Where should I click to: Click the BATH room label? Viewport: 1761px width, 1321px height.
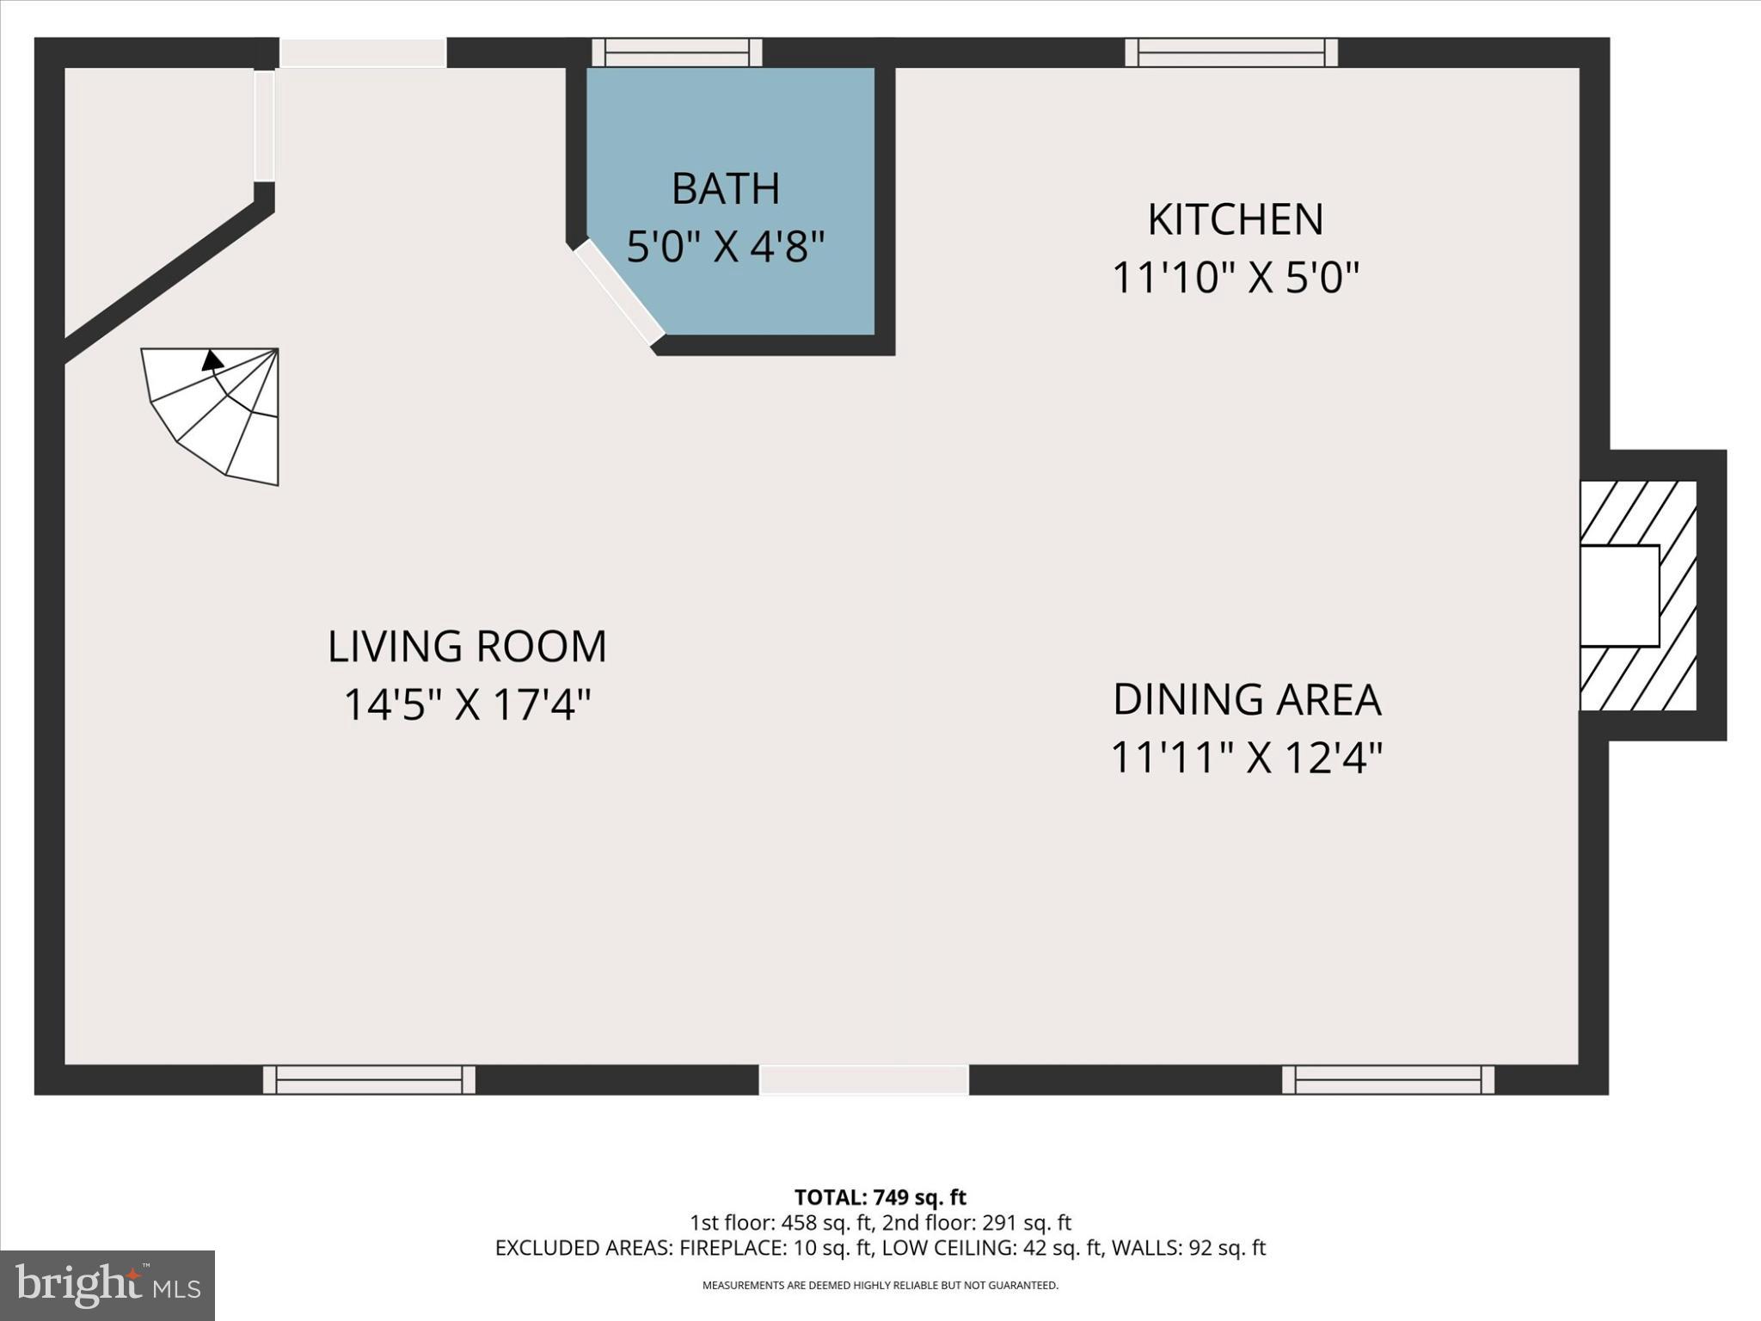click(x=725, y=188)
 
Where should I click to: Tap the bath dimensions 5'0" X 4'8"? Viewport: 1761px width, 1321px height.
click(x=725, y=247)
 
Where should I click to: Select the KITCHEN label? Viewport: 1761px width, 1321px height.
click(x=1235, y=219)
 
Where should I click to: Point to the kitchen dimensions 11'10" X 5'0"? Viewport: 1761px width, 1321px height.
click(x=1235, y=278)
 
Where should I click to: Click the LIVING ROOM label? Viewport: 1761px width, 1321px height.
click(x=467, y=647)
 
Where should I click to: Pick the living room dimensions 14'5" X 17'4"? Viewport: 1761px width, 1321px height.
click(x=467, y=705)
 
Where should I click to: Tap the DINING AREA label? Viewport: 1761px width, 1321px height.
click(x=1246, y=699)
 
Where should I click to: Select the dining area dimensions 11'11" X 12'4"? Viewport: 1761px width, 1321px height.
click(x=1246, y=758)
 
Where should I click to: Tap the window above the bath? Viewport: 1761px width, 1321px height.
click(x=677, y=52)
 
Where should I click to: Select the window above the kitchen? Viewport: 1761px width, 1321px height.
click(x=1230, y=52)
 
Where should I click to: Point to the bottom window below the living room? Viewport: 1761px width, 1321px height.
click(x=369, y=1079)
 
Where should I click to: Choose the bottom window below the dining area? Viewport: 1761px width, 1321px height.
click(x=1387, y=1079)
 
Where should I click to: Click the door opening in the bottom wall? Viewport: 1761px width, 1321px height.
click(x=863, y=1079)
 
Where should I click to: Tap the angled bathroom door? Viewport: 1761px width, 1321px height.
click(x=618, y=292)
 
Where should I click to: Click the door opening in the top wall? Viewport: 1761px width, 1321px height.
click(x=362, y=52)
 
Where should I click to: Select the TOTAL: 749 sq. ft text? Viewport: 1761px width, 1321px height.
click(x=880, y=1197)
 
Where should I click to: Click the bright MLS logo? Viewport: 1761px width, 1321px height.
click(x=107, y=1285)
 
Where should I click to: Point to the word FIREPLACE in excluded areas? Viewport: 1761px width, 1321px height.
click(x=730, y=1248)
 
